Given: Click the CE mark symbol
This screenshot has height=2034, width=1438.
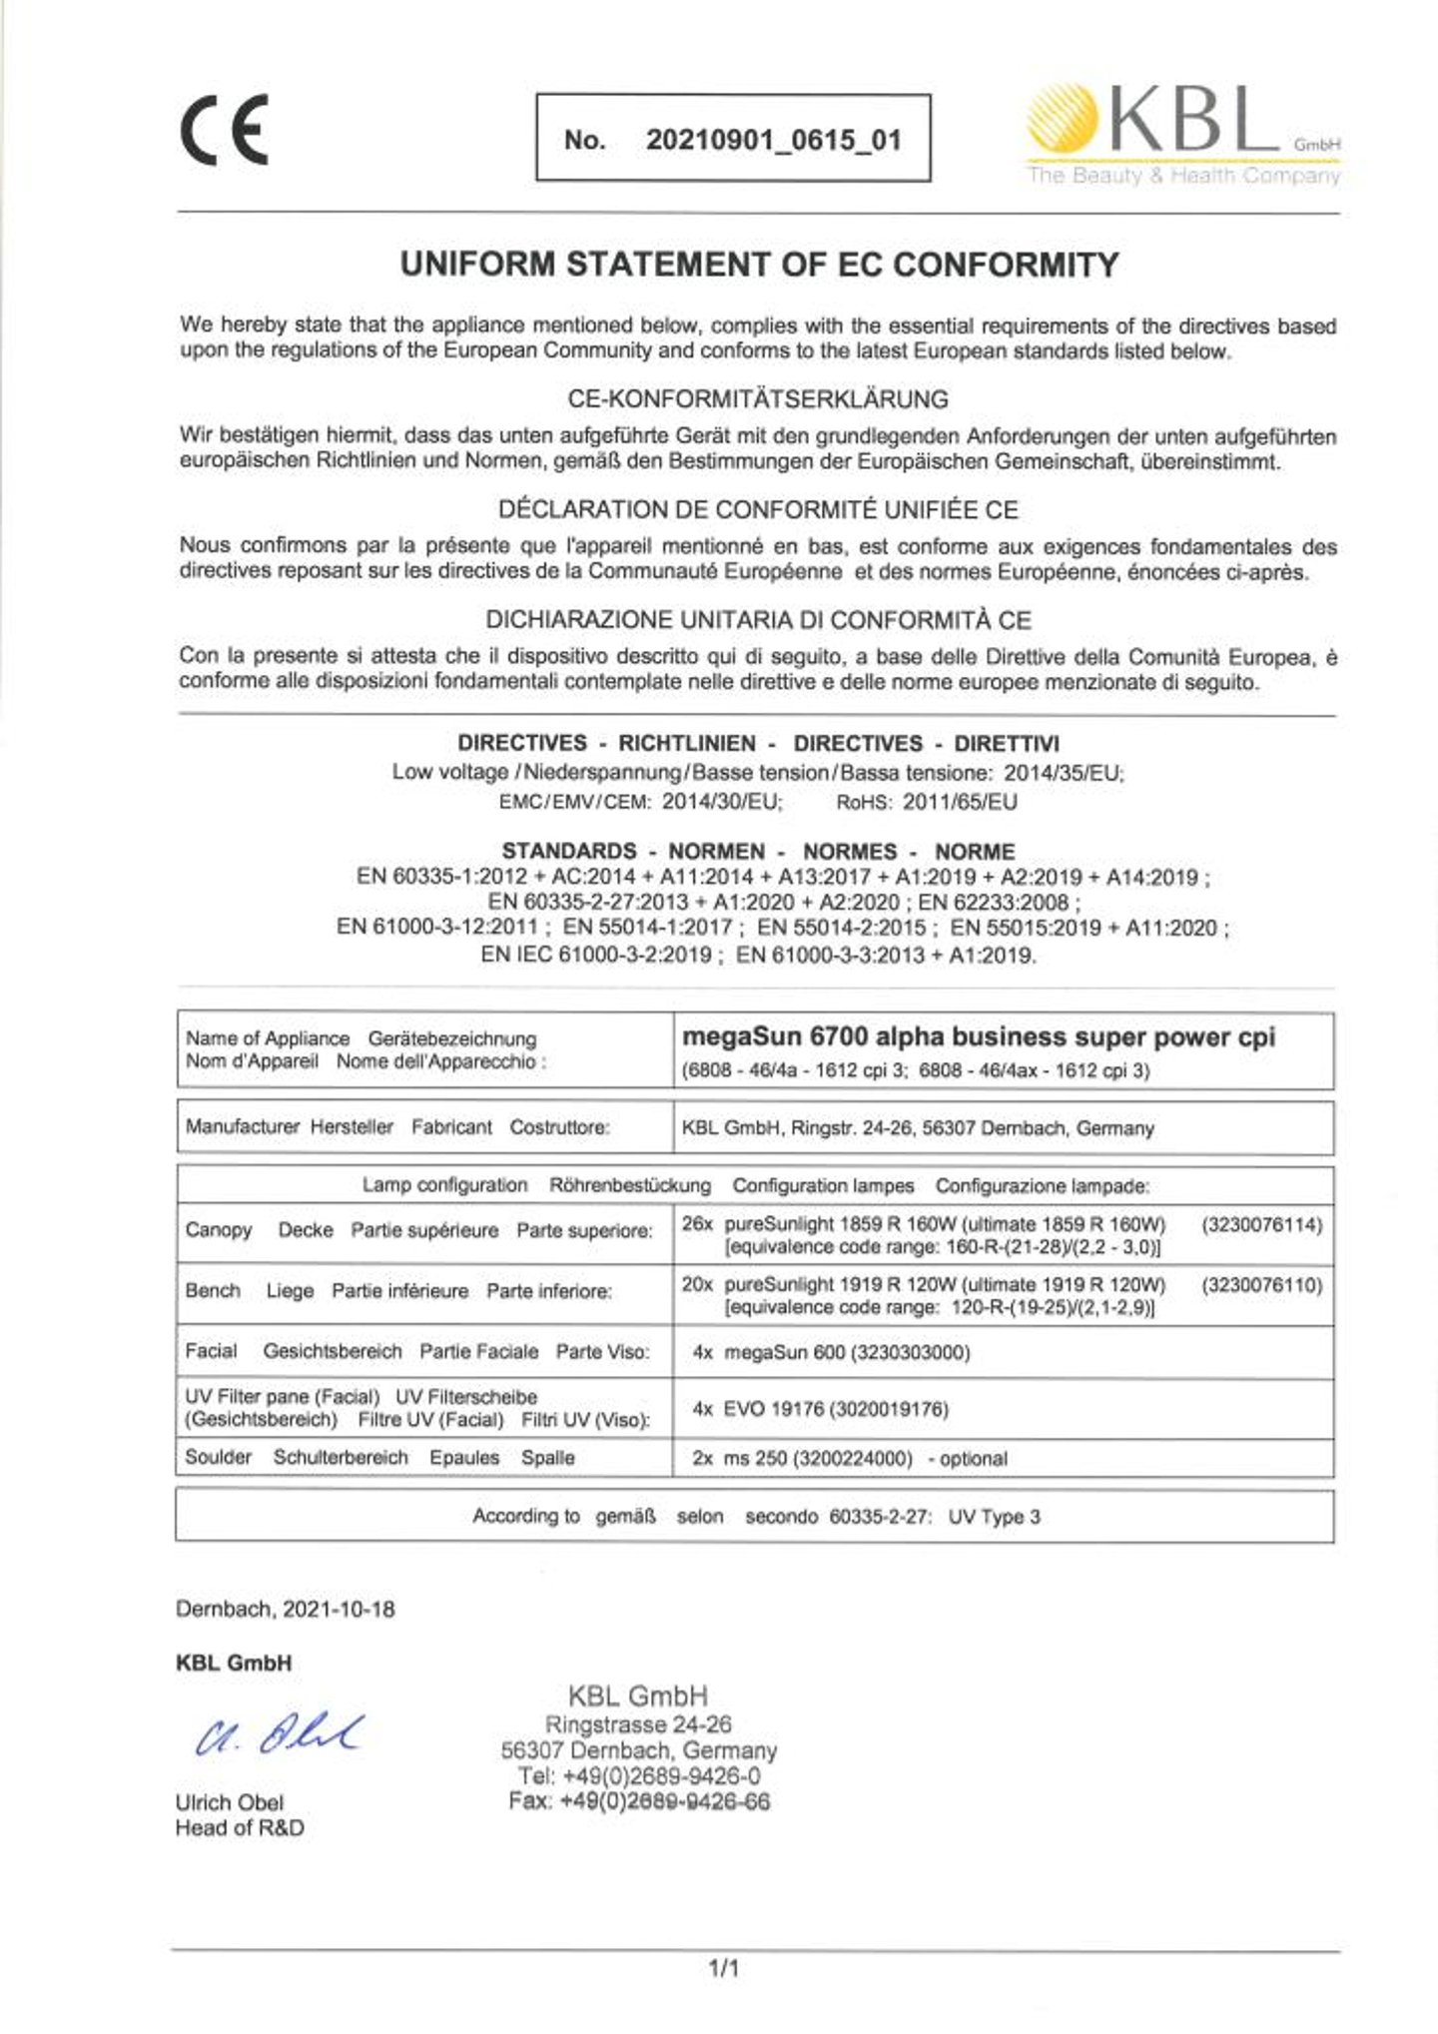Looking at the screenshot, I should (225, 130).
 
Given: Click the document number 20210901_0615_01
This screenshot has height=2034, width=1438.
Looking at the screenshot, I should (773, 140).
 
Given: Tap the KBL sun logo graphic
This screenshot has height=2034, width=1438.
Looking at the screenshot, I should (1063, 120).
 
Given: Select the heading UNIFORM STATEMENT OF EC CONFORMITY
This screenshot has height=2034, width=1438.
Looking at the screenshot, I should (759, 265).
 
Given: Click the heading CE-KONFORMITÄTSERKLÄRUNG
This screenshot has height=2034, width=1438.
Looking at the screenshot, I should (758, 399).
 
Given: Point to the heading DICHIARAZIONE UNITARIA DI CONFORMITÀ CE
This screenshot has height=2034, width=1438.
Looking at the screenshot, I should (758, 620).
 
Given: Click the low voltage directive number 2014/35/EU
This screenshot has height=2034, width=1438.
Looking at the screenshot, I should (1063, 772).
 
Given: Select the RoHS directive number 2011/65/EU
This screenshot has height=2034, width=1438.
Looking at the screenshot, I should (960, 802).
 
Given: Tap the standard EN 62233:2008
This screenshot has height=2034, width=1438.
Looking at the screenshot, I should (998, 903).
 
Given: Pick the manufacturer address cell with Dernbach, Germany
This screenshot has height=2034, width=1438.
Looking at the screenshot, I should (917, 1128).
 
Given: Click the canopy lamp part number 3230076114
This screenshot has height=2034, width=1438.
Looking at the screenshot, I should (1262, 1225).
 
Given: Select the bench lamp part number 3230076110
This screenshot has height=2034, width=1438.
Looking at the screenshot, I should (1262, 1285).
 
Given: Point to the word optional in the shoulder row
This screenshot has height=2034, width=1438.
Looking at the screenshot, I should (973, 1459).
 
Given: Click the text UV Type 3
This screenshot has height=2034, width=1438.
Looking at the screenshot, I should (994, 1517).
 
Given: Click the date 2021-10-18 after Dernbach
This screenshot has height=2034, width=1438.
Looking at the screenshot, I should (339, 1610).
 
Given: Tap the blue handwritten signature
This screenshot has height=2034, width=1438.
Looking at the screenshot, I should (280, 1738).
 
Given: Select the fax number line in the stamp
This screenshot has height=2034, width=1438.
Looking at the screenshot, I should (639, 1802).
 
